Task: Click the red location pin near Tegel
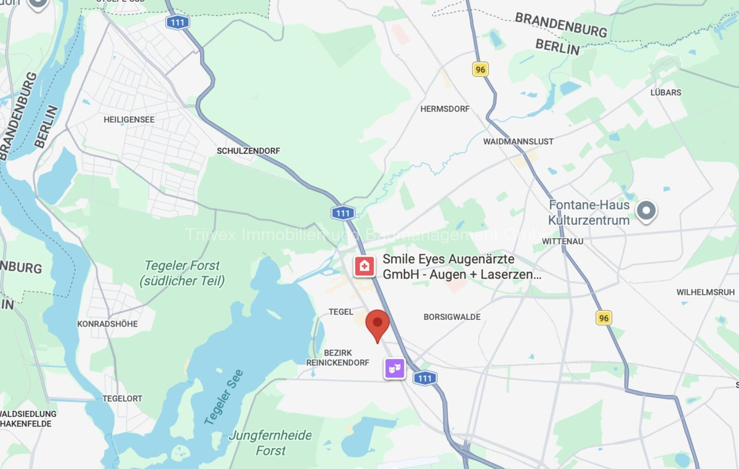[378, 324]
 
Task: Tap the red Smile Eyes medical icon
[364, 266]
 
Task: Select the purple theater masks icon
[395, 369]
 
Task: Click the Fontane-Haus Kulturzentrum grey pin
[646, 211]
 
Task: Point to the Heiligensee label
[129, 120]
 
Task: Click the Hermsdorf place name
[445, 108]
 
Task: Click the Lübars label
[666, 92]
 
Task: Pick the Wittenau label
[562, 241]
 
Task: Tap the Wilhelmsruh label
[706, 292]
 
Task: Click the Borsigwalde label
[452, 317]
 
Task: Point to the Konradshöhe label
[107, 324]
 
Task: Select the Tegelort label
[123, 398]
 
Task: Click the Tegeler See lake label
[224, 396]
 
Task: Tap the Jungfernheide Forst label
[270, 442]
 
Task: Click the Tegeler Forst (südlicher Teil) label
[182, 273]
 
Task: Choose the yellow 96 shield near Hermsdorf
[480, 69]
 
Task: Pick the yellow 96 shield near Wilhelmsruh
[604, 317]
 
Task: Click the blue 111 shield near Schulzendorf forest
[342, 213]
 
